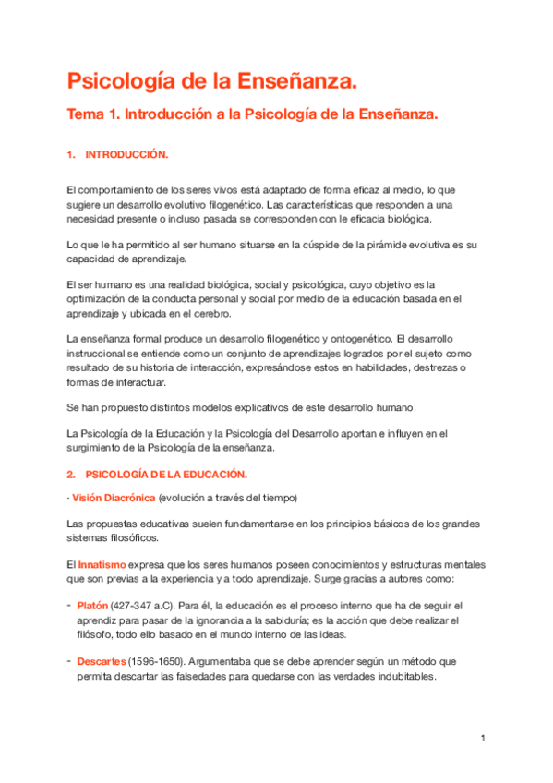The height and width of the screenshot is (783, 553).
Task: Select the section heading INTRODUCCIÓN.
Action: tap(126, 154)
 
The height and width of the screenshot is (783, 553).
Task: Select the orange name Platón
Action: tap(92, 605)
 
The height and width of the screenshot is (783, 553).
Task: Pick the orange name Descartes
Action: tap(102, 662)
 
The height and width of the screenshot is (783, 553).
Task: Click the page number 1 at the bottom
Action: tap(483, 738)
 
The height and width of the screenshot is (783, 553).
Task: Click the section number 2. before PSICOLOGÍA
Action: tap(71, 474)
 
